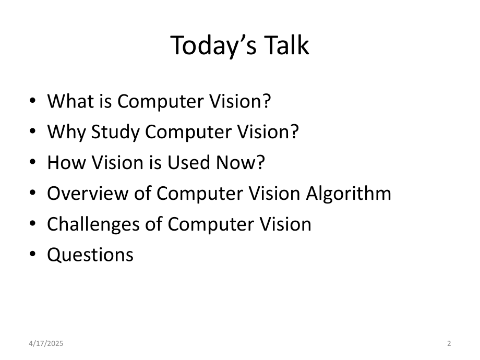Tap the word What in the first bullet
pos(67,101)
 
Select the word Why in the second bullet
pos(66,132)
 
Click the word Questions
pos(90,255)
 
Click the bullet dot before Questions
pos(33,255)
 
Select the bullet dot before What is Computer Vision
pos(33,101)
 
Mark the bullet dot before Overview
pos(33,194)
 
